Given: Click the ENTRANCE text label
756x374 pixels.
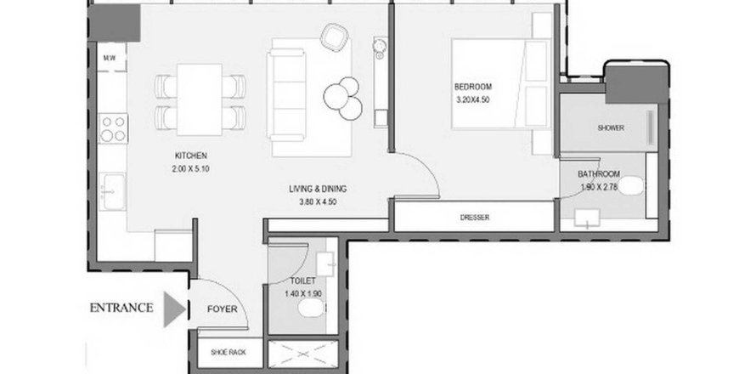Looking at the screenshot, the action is tap(121, 308).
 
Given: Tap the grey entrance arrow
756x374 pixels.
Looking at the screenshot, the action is tap(174, 309).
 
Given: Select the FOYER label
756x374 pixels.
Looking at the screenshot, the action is tap(223, 309).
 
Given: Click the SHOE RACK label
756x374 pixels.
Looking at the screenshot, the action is tap(228, 352).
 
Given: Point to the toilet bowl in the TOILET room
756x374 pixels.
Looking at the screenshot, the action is tap(312, 308).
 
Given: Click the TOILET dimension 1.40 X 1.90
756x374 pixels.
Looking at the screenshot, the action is tap(303, 293).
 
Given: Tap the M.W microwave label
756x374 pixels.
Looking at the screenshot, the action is tap(109, 59).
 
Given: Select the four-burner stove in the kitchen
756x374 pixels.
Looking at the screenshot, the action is tap(113, 129).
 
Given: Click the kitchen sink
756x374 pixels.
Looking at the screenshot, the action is tap(112, 191).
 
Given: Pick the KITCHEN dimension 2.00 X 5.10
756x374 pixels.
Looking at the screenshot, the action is tap(190, 169).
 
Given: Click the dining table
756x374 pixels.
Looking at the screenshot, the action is tap(199, 99).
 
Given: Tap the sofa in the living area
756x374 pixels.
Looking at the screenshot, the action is tap(286, 90).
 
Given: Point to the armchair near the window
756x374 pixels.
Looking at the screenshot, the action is tap(334, 37).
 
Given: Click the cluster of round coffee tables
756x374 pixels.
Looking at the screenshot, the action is tap(343, 98).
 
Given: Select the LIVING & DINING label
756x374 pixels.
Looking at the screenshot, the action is tap(318, 190).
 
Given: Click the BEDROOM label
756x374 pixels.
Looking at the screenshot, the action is tap(473, 88).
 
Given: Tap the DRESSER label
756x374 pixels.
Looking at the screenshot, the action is tap(475, 218).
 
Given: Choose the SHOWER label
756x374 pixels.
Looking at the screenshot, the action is tap(611, 128).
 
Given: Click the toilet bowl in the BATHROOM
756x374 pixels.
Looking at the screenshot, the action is tap(630, 186).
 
